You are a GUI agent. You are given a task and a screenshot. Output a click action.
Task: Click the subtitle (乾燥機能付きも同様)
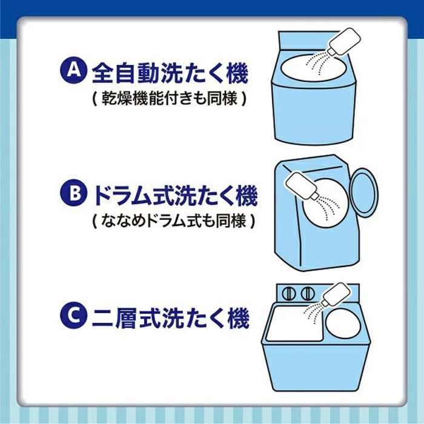(x=169, y=98)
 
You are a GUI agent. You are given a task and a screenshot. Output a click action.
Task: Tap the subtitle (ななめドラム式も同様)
(x=173, y=222)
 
